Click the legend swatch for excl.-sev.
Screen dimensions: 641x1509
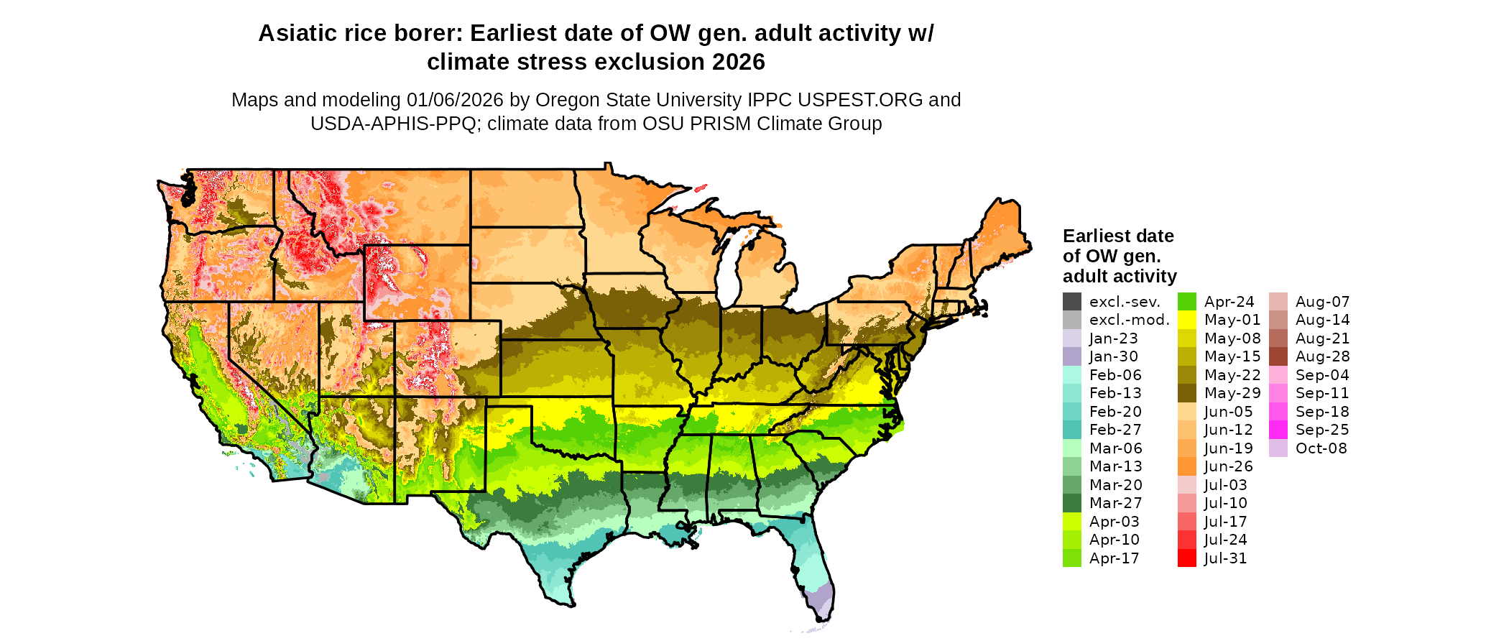pyautogui.click(x=1071, y=302)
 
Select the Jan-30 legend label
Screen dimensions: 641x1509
pyautogui.click(x=1113, y=356)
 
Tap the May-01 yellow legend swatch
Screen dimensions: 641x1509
pyautogui.click(x=1186, y=320)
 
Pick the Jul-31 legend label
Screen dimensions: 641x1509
pyautogui.click(x=1225, y=558)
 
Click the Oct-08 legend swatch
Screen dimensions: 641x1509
pyautogui.click(x=1278, y=448)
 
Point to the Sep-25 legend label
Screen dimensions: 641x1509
pyautogui.click(x=1322, y=430)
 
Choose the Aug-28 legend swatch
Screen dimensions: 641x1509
pyautogui.click(x=1278, y=356)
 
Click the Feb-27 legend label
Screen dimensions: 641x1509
pyautogui.click(x=1115, y=430)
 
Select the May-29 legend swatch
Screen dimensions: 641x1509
pyautogui.click(x=1186, y=393)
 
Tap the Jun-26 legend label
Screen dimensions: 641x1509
pyautogui.click(x=1228, y=466)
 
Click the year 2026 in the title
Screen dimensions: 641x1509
pyautogui.click(x=739, y=63)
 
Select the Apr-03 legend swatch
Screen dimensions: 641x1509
pyautogui.click(x=1071, y=522)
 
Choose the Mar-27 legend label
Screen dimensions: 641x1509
pyautogui.click(x=1115, y=503)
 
